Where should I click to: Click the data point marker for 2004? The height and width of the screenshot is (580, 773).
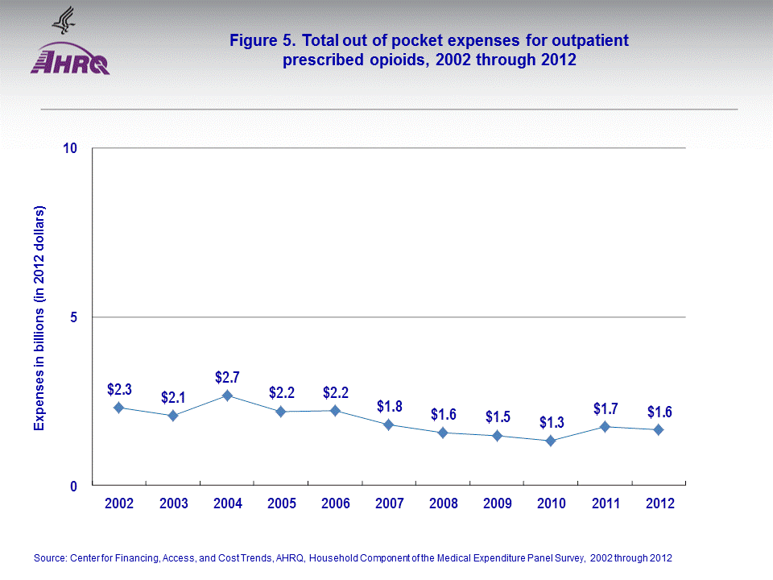coord(227,396)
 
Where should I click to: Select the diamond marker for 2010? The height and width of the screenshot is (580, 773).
coord(551,441)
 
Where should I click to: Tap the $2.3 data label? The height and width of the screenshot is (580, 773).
coord(119,390)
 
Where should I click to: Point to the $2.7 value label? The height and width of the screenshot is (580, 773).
coord(227,377)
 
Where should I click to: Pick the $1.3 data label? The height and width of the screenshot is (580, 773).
coord(552,423)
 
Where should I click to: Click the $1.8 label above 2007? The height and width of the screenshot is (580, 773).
coord(389,406)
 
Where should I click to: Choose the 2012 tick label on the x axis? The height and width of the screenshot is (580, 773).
coord(659,503)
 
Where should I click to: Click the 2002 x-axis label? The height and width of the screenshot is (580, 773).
coord(119,503)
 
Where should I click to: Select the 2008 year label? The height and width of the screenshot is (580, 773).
coord(443,503)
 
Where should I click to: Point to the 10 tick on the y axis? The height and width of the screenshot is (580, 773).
coord(69,149)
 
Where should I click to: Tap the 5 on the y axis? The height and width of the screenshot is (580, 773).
coord(73,317)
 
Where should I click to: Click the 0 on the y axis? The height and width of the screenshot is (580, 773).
coord(73,486)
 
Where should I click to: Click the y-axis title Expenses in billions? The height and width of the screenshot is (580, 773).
coord(39,317)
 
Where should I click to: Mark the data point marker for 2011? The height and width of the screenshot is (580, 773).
coord(605,427)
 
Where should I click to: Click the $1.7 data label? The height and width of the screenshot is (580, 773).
coord(606,408)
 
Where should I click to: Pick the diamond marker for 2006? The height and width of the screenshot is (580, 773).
coord(335,411)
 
